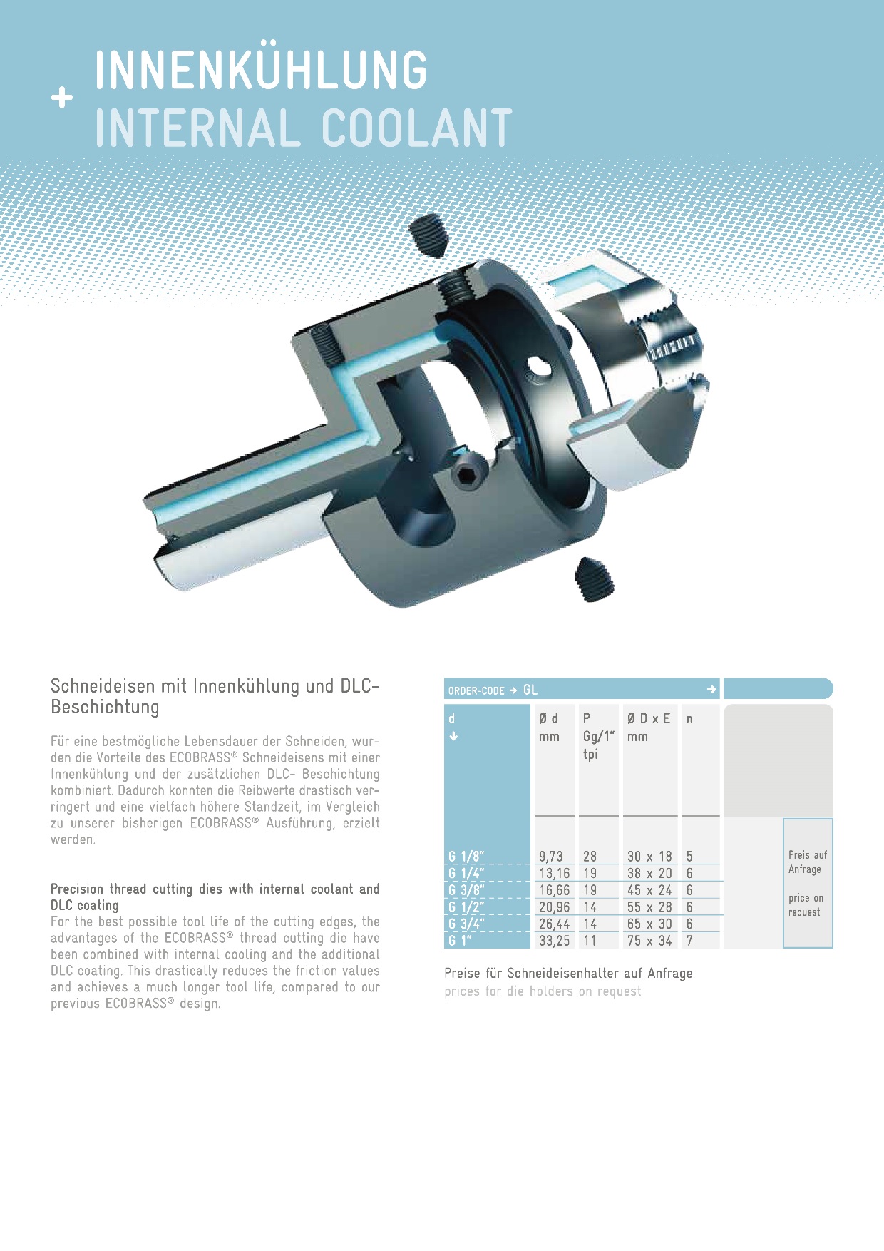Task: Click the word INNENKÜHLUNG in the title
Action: pos(260,70)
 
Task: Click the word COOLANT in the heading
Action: pos(416,128)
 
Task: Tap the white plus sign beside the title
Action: pos(62,98)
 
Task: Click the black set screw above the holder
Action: pos(429,234)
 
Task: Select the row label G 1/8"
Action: pos(466,856)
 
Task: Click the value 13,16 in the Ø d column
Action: pos(554,873)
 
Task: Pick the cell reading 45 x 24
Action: pos(649,890)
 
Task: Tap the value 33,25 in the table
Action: pos(554,941)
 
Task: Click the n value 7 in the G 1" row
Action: pos(689,941)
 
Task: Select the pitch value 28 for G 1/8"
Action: pos(590,856)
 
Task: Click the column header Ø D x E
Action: pos(649,719)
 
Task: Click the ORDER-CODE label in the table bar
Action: pos(476,690)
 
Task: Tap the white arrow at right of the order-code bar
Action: pos(711,689)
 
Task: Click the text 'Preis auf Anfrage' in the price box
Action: pos(807,862)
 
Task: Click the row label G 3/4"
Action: pos(466,924)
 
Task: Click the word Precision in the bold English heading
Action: pos(77,889)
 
